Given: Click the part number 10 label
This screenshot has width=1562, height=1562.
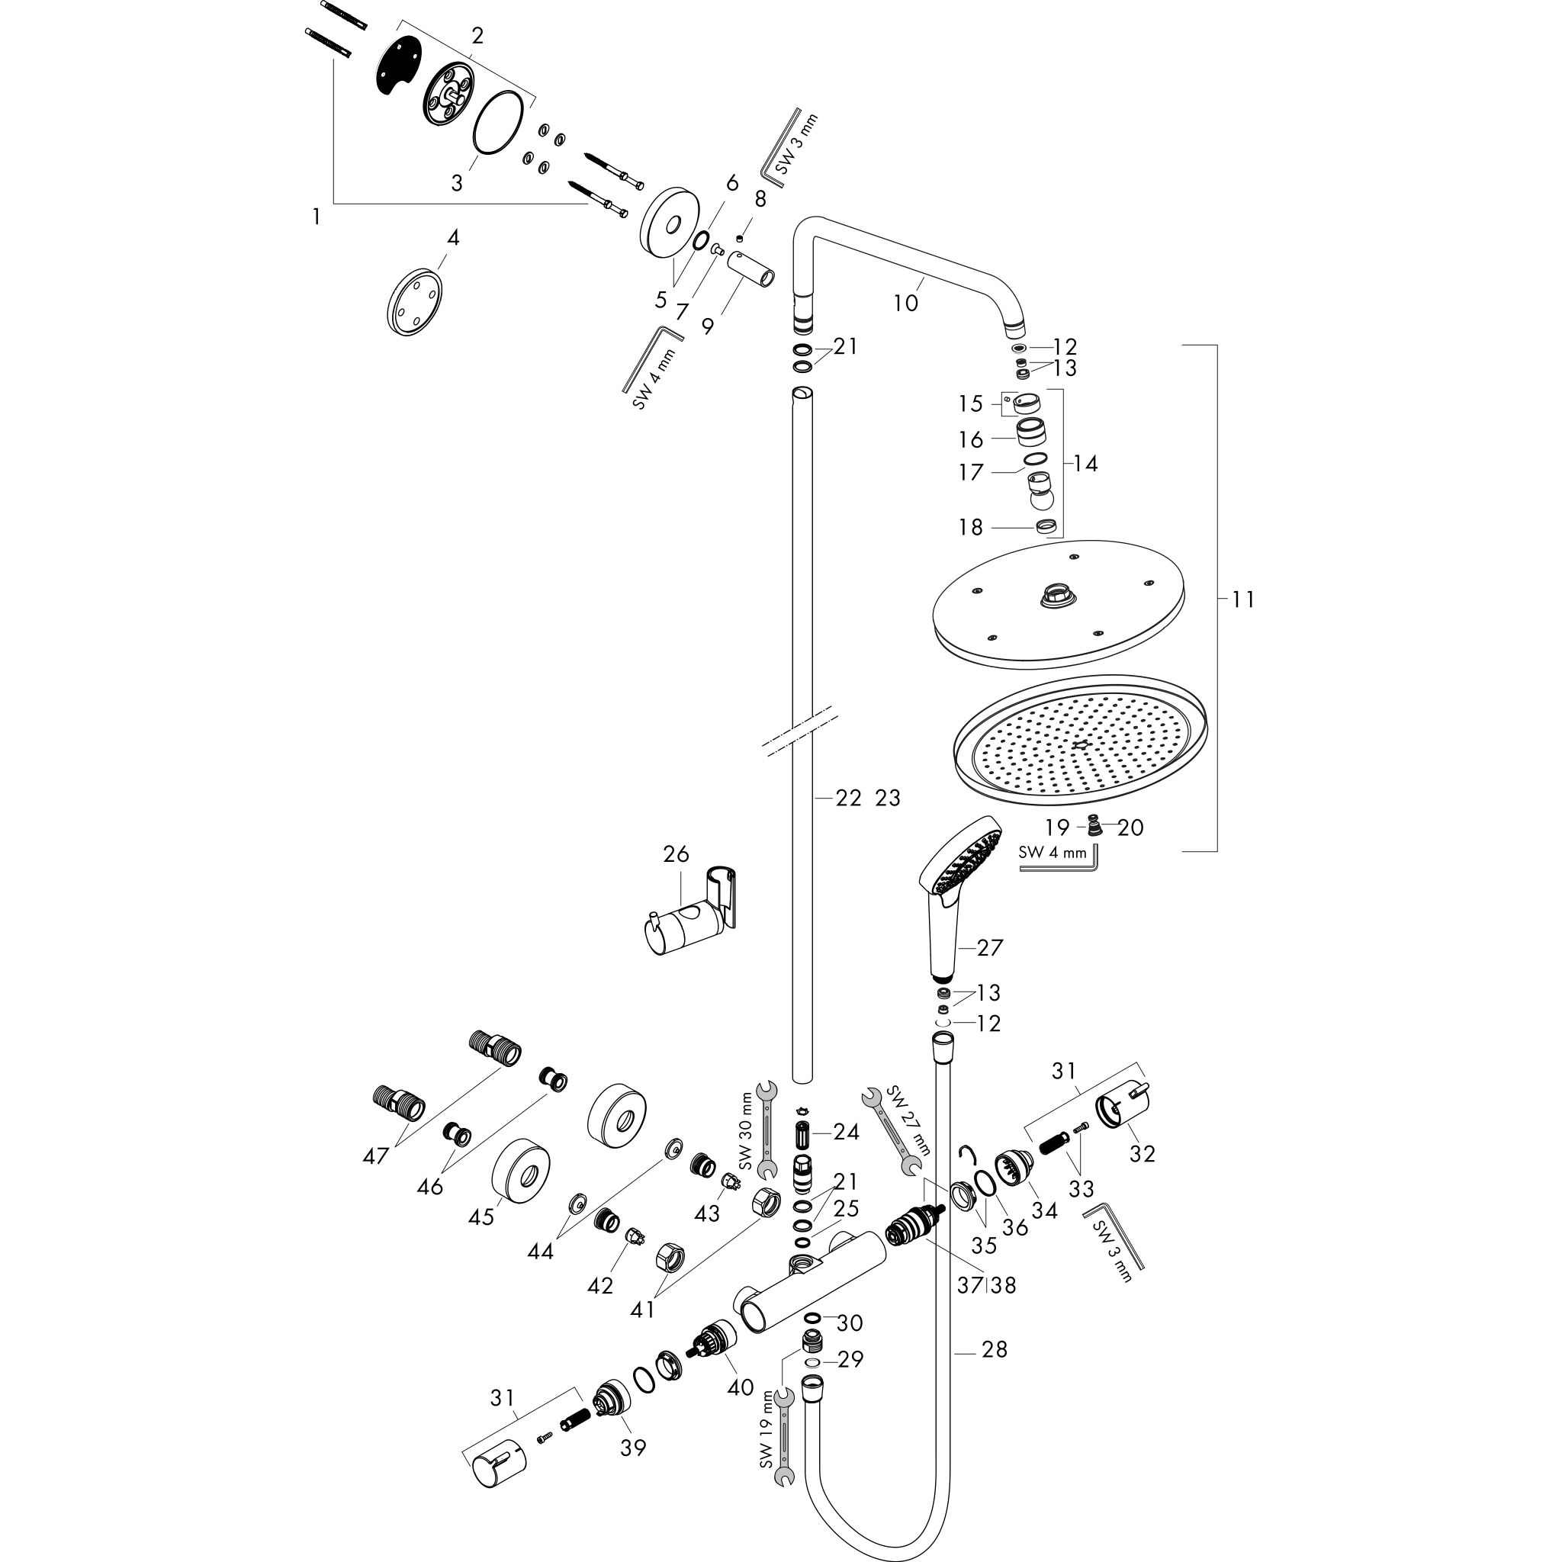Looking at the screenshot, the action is [905, 304].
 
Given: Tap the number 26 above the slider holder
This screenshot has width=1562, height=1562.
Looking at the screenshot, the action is [676, 853].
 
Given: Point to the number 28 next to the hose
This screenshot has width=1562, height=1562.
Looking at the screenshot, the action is [995, 1349].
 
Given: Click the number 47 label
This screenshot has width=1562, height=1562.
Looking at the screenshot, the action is [376, 1156].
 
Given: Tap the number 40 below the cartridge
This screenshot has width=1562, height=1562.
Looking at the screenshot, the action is [740, 1387].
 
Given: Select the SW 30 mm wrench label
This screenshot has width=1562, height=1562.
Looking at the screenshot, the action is [746, 1133].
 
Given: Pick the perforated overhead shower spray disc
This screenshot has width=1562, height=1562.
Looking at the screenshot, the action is [1080, 740].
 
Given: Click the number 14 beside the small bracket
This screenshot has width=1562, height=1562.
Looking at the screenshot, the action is [1086, 463].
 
